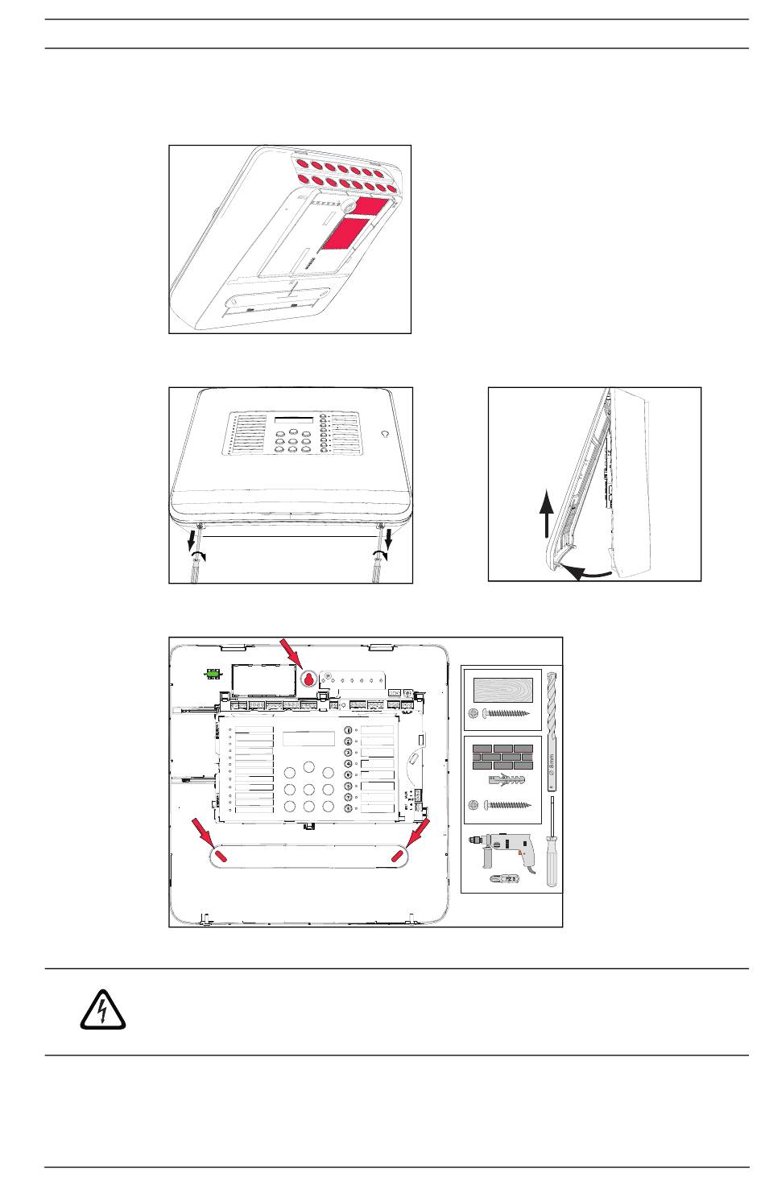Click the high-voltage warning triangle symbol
(x=103, y=1010)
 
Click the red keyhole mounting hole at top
(x=308, y=679)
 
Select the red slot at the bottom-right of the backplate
(x=397, y=856)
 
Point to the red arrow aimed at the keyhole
(x=289, y=651)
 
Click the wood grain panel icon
(x=502, y=690)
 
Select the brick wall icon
(x=502, y=757)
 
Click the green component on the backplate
(x=213, y=674)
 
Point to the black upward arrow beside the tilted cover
(x=547, y=515)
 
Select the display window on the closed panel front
(x=292, y=422)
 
